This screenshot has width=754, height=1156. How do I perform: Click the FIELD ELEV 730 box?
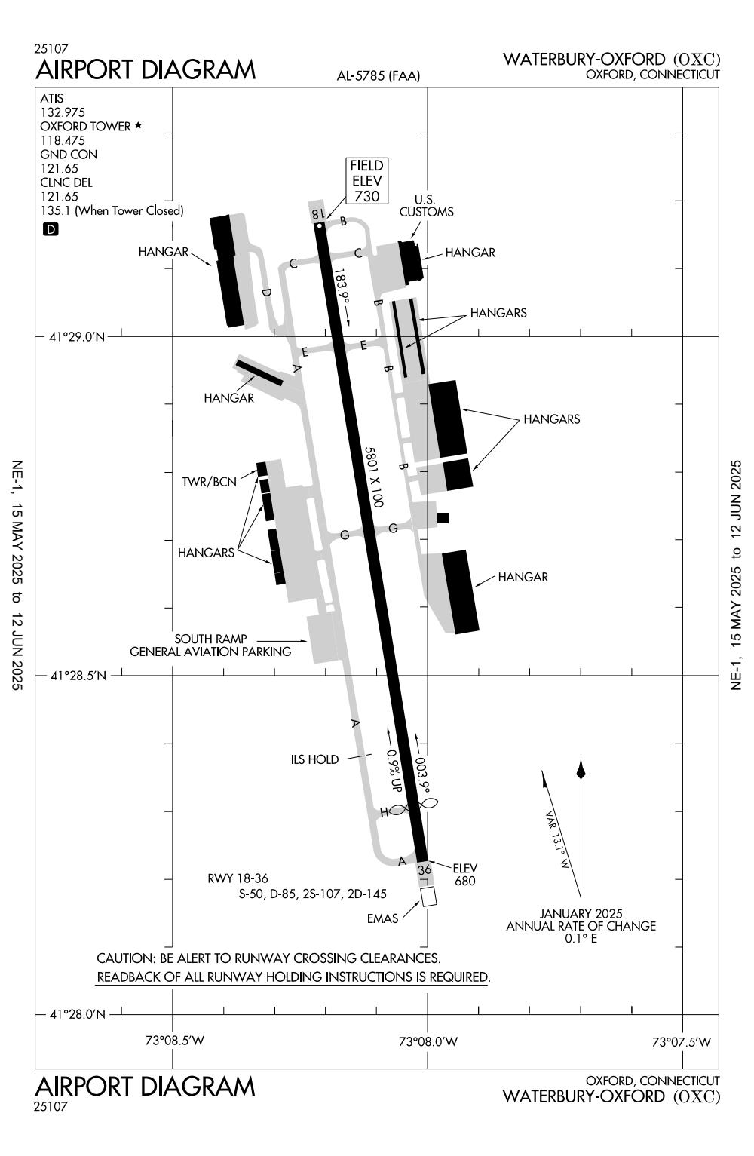click(x=367, y=181)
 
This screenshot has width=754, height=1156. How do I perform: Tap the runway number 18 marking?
click(x=317, y=215)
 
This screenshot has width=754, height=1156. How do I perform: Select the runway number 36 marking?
click(x=425, y=869)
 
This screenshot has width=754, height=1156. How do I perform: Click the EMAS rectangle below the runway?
click(x=429, y=897)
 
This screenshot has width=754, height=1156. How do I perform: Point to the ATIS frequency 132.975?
click(x=63, y=112)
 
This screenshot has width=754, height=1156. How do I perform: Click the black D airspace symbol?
click(x=51, y=229)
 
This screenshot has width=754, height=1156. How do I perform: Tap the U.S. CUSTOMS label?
click(x=426, y=206)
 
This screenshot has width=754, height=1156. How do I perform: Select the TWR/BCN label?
click(x=209, y=481)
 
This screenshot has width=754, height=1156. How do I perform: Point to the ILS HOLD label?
click(x=314, y=759)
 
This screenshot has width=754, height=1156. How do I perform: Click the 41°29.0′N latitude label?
click(x=78, y=336)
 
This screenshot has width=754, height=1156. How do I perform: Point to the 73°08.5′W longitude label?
click(x=174, y=1041)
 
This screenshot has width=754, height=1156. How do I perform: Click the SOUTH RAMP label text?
click(x=210, y=639)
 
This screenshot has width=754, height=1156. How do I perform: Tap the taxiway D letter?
click(x=265, y=293)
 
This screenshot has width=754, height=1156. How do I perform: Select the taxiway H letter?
click(x=384, y=812)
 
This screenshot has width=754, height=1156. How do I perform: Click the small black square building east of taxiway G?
click(x=443, y=517)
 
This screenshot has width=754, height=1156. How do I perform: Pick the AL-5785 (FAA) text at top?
click(x=378, y=75)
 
